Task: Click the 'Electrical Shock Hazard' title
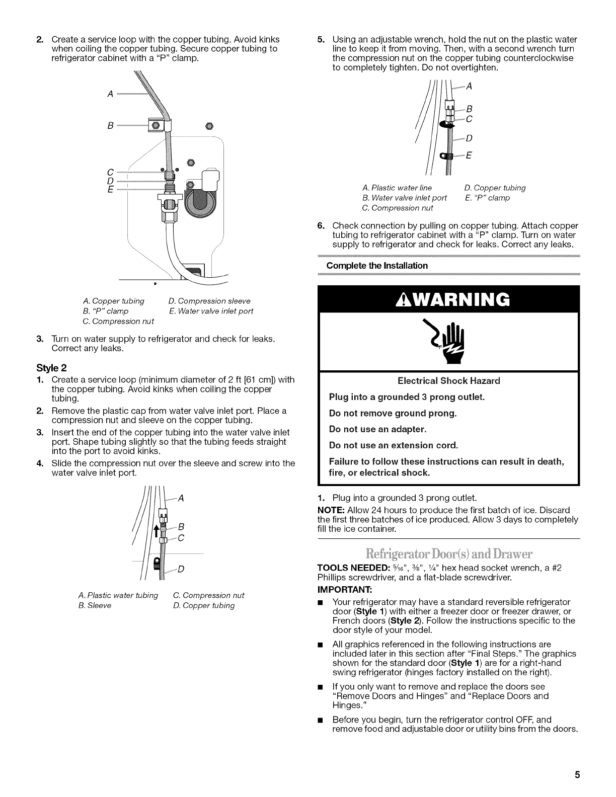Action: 449,380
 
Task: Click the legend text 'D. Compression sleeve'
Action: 209,301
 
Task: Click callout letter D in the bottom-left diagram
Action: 180,569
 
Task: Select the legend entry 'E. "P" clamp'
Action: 487,198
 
